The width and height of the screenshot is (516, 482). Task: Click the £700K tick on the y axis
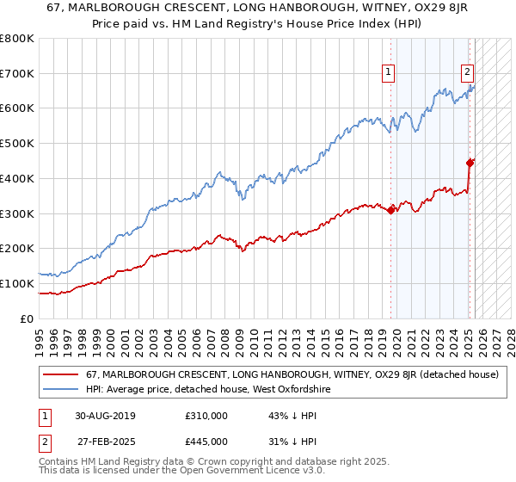coord(18,74)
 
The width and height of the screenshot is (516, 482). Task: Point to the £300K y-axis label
coord(18,213)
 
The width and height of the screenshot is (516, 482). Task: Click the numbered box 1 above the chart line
coord(390,72)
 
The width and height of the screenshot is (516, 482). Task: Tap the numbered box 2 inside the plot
coord(467,72)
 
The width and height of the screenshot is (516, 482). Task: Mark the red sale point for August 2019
coord(391,210)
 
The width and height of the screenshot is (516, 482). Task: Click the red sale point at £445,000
coord(470,162)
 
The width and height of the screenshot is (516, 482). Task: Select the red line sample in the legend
coord(60,375)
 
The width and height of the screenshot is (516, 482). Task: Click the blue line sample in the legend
coord(60,390)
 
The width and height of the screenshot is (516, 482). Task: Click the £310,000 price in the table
coord(206,416)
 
